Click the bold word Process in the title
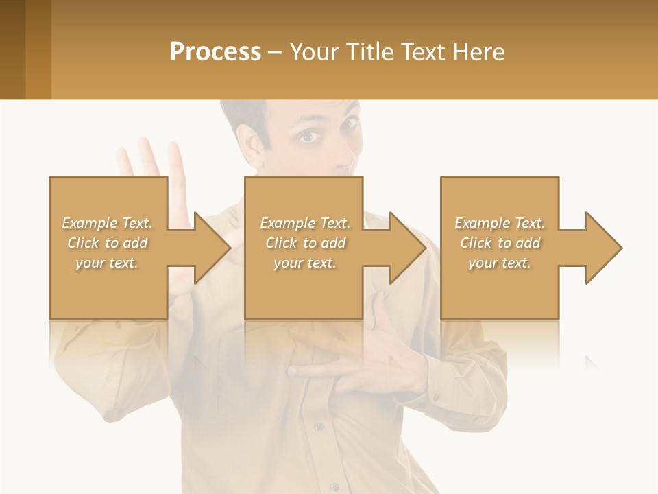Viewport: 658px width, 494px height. point(215,52)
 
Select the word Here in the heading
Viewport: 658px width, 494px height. point(478,52)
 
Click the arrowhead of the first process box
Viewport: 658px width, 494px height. point(212,248)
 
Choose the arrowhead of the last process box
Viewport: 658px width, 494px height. point(603,248)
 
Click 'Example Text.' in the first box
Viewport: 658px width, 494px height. point(107,223)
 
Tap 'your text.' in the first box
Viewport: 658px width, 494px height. point(107,263)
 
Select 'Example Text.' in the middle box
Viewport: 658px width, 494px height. point(305,223)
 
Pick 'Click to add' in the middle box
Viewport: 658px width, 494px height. point(305,243)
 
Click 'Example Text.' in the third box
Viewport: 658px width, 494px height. point(500,223)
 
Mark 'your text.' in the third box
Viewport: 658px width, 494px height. point(500,263)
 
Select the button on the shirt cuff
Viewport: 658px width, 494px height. point(436,396)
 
